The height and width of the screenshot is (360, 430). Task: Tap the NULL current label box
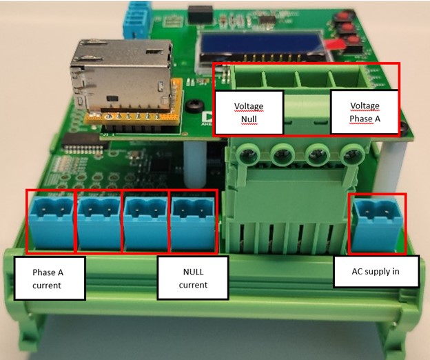[193, 278]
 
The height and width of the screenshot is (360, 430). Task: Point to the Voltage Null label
[249, 112]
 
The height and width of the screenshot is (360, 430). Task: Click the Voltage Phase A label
[365, 112]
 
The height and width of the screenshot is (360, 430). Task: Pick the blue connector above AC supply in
[378, 219]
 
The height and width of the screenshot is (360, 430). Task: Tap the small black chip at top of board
[201, 12]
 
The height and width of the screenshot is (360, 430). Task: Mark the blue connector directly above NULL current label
[193, 219]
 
